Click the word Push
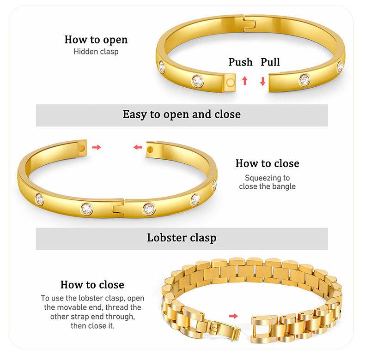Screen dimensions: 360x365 pyautogui.click(x=240, y=62)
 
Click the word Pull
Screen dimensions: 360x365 pyautogui.click(x=270, y=62)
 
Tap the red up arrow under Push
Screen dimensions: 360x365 pyautogui.click(x=245, y=81)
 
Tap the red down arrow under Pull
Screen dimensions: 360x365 pyautogui.click(x=263, y=81)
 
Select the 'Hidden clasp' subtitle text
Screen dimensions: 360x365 pyautogui.click(x=96, y=51)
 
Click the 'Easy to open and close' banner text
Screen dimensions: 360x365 pyautogui.click(x=182, y=114)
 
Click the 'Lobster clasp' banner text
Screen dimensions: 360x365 pyautogui.click(x=182, y=238)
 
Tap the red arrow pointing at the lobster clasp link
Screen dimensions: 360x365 pyautogui.click(x=234, y=316)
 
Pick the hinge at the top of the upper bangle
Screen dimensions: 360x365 pyautogui.click(x=249, y=24)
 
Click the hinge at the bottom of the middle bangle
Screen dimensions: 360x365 pyautogui.click(x=118, y=209)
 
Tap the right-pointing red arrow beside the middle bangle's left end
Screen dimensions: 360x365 pyautogui.click(x=96, y=147)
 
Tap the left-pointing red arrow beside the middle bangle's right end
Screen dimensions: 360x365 pyautogui.click(x=138, y=147)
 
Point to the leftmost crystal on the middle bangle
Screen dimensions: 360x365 pyautogui.click(x=40, y=199)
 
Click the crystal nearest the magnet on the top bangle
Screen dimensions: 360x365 pyautogui.click(x=198, y=81)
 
